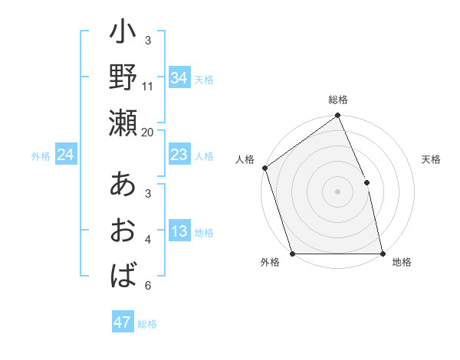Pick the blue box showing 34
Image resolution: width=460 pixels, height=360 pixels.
coord(179,78)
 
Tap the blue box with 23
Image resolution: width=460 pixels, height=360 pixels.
coord(179,155)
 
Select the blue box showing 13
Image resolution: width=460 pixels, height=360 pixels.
coord(179,232)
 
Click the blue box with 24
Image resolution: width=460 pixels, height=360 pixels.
coord(66,155)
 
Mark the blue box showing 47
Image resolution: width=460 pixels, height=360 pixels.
coord(123,322)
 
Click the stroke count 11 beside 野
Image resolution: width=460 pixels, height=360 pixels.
coord(148,87)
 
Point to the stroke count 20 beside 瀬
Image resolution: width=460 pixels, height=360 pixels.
coord(148,132)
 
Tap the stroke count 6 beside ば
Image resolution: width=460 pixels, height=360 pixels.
coord(148,286)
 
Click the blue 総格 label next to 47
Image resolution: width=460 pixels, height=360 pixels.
coord(148,324)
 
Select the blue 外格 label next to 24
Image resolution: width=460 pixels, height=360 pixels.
coord(41,156)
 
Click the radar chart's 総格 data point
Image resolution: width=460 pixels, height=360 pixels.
coord(337,116)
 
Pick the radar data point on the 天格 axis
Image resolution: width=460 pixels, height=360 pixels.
coord(366,182)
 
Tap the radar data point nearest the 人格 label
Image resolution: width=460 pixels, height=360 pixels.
coord(264,168)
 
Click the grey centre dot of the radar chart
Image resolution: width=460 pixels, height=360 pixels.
coord(337,191)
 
